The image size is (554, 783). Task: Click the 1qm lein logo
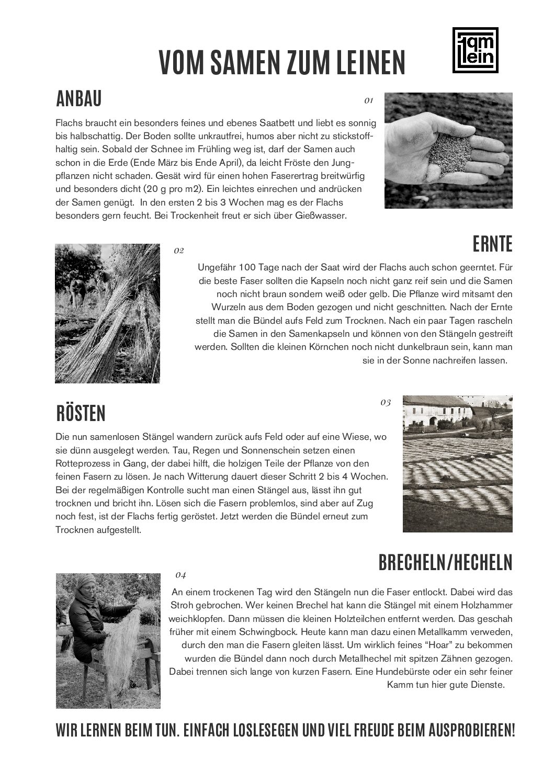click(x=474, y=50)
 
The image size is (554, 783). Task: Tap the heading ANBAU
click(x=78, y=98)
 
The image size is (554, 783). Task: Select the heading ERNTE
click(x=492, y=243)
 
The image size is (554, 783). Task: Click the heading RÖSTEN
click(x=81, y=413)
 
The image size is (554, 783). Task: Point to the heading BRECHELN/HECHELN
click(x=445, y=562)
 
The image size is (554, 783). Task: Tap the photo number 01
click(x=369, y=100)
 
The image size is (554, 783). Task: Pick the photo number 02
click(x=179, y=251)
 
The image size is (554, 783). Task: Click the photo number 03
click(x=386, y=402)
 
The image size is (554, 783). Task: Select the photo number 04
click(x=180, y=575)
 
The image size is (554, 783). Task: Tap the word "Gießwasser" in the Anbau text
click(x=323, y=215)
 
